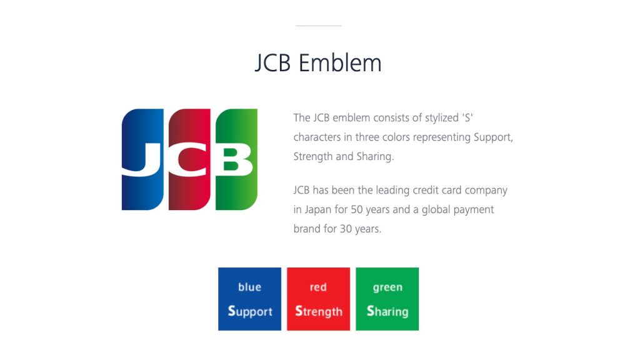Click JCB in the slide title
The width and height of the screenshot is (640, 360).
273,63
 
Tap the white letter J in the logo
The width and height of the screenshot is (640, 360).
142,159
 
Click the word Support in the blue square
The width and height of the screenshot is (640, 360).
250,311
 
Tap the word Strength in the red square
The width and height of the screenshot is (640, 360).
319,311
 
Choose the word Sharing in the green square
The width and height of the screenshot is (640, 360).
387,311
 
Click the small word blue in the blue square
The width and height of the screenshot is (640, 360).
249,287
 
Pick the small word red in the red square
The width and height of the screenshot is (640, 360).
318,287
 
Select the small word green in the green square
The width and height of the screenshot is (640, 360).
387,287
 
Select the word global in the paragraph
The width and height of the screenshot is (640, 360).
437,209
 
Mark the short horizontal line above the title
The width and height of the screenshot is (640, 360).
319,26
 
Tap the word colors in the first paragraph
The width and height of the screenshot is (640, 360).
405,137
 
